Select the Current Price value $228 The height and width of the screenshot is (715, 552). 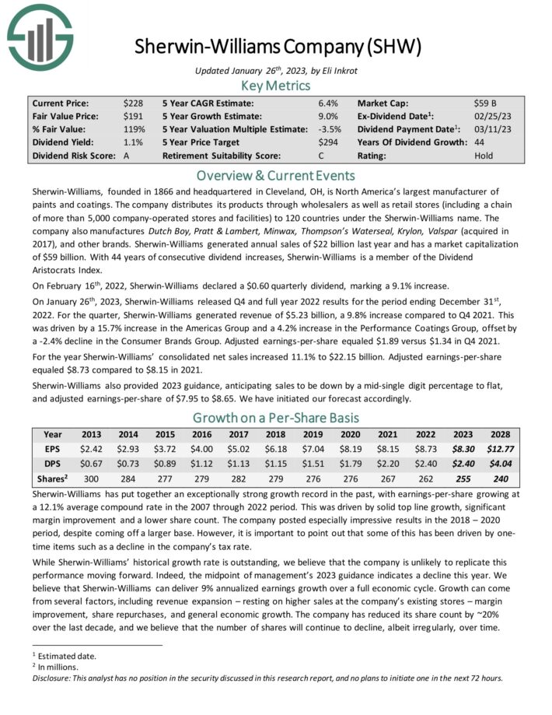tap(132, 103)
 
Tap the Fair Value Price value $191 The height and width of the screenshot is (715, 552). tap(132, 116)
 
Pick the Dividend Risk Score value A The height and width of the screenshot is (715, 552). tap(127, 156)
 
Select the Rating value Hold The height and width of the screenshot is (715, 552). tap(484, 156)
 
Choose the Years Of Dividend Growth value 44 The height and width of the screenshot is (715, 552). tap(480, 142)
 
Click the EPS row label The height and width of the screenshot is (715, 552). tap(53, 449)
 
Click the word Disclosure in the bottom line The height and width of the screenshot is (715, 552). tap(53, 677)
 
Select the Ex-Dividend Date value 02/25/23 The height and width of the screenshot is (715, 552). tap(492, 116)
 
